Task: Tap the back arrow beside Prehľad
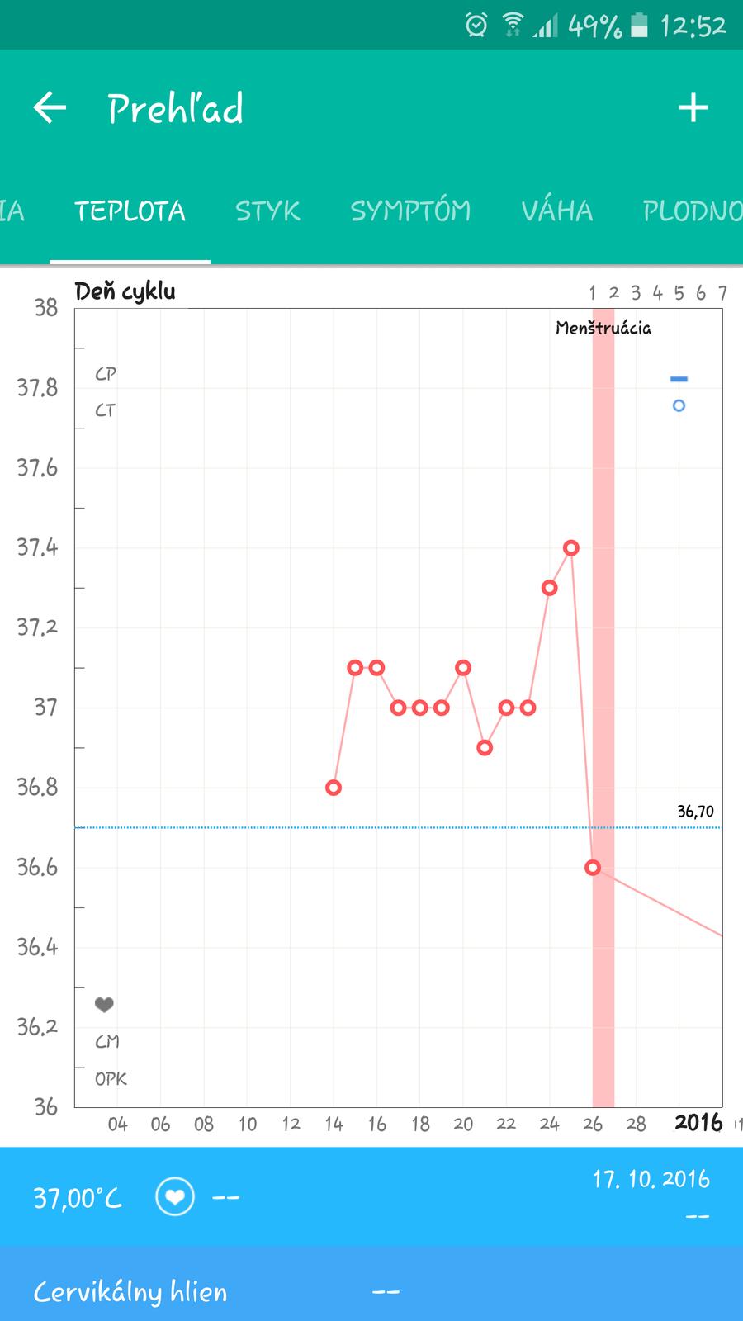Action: [50, 108]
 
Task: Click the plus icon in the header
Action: [693, 108]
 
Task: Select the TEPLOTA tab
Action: [130, 211]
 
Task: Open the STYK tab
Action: [267, 211]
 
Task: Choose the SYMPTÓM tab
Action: [410, 211]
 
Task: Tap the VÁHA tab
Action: [556, 211]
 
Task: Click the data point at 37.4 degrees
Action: [570, 547]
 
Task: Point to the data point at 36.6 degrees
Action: [592, 868]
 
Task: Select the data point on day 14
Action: [334, 788]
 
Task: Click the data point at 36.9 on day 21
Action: [485, 748]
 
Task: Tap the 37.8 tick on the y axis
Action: [37, 387]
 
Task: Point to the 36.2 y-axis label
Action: [37, 1026]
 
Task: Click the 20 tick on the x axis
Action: [463, 1124]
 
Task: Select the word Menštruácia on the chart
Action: [603, 329]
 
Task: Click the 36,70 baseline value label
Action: [695, 812]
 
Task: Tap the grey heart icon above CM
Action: [104, 1005]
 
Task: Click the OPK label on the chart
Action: [111, 1079]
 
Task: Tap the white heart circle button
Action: [175, 1196]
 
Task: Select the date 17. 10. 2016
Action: [651, 1179]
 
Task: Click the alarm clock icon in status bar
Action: [476, 26]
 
